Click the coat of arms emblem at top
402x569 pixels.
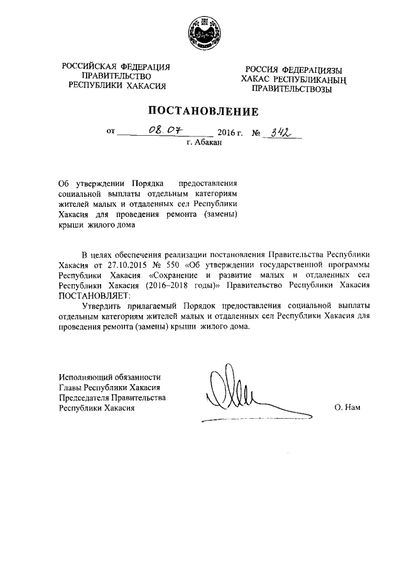[x=202, y=31]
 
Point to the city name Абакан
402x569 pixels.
[x=209, y=143]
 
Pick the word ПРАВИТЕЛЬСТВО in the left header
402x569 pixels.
[x=117, y=77]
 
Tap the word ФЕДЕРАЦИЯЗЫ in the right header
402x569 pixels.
[x=312, y=70]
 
